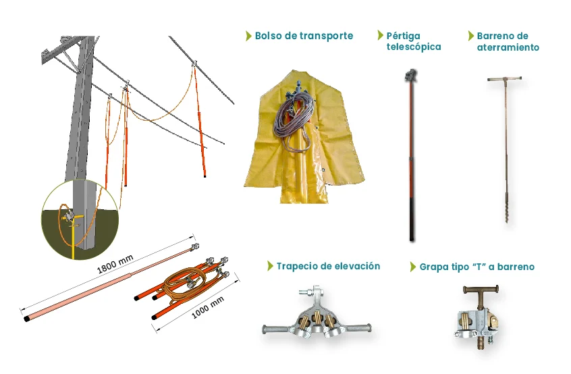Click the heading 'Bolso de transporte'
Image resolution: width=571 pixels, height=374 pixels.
tap(304, 36)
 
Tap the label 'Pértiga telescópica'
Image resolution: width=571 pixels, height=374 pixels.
tap(414, 41)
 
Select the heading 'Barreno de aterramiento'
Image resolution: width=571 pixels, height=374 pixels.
tap(508, 41)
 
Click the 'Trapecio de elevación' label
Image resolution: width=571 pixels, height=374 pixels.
tap(328, 266)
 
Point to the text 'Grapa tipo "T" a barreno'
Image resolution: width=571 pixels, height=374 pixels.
tap(477, 267)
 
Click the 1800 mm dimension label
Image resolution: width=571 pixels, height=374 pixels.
tap(115, 264)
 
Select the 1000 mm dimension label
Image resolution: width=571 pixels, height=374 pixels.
tap(208, 308)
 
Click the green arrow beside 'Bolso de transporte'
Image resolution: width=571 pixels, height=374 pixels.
tap(249, 36)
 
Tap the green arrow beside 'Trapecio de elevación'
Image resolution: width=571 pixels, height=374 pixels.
tap(270, 266)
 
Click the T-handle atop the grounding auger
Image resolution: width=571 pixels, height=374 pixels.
tap(505, 79)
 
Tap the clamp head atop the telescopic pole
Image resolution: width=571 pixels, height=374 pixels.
tap(411, 75)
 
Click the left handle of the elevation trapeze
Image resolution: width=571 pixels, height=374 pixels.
tap(279, 329)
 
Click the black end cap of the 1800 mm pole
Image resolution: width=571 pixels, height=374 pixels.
tap(27, 319)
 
